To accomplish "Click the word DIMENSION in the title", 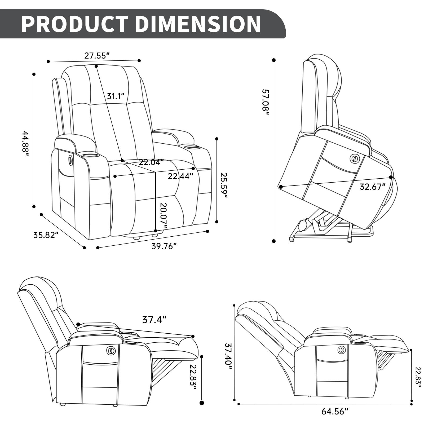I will point(198,24).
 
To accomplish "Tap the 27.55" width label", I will point(97,56).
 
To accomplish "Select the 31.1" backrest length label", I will point(116,96).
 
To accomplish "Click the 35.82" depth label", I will point(46,235).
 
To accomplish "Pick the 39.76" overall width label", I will point(164,246).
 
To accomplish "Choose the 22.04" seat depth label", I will point(151,162).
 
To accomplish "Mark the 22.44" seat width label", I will point(180,176).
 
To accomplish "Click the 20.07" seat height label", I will point(163,215).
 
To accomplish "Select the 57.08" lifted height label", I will point(266,102).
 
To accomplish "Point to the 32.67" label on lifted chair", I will point(372,187).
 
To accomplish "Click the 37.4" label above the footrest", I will point(154,320).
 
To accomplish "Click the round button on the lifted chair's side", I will point(354,159).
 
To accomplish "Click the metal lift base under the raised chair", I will point(331,233).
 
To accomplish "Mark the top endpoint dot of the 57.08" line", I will point(274,60).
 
